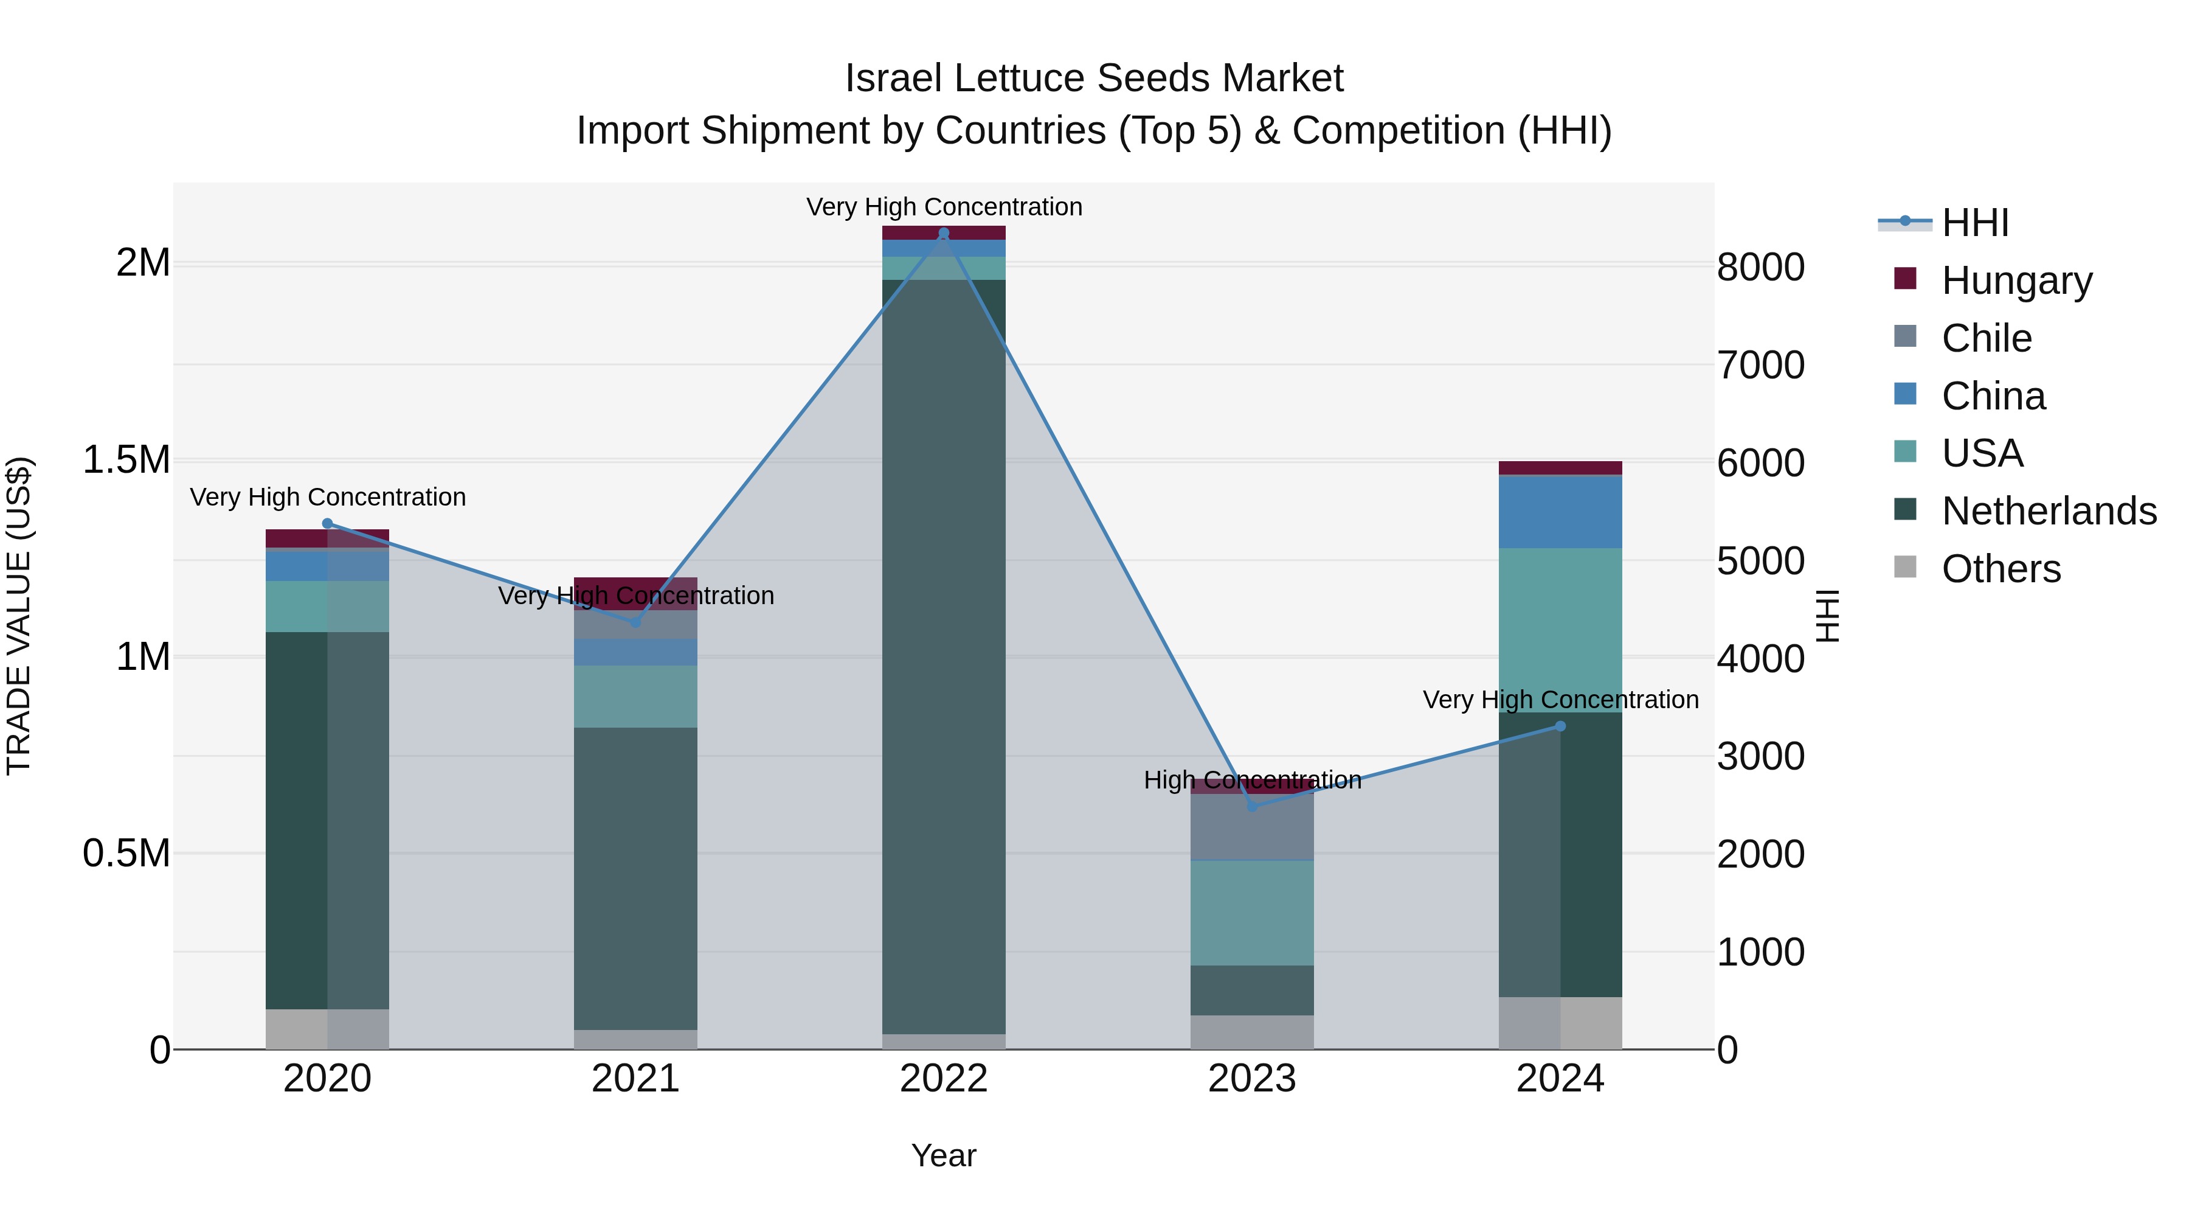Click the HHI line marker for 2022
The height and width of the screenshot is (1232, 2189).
coord(943,233)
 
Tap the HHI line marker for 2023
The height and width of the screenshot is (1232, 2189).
coord(1252,806)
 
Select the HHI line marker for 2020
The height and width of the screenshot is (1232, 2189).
coord(328,524)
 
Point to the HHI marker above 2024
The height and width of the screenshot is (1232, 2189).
coord(1560,726)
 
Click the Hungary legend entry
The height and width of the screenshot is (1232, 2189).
coord(2016,280)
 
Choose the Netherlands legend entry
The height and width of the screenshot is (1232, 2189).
coord(2048,511)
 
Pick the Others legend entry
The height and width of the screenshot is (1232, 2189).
coord(2001,569)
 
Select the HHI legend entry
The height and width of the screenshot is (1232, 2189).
coord(1975,223)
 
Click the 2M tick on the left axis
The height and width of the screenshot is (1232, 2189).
coord(143,263)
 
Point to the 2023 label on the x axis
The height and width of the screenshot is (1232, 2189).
coord(1252,1079)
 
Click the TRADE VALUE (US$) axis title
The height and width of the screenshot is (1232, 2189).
coord(19,616)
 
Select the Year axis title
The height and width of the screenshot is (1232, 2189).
coord(943,1155)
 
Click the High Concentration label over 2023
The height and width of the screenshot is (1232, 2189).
coord(1252,780)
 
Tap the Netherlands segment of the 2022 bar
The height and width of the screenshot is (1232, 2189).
coord(943,655)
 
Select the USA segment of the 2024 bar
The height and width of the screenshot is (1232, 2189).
coord(1560,629)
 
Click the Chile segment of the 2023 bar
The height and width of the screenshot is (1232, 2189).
coord(1252,826)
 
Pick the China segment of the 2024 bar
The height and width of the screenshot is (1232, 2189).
coord(1560,512)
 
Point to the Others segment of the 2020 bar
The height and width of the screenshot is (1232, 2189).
coord(327,1029)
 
